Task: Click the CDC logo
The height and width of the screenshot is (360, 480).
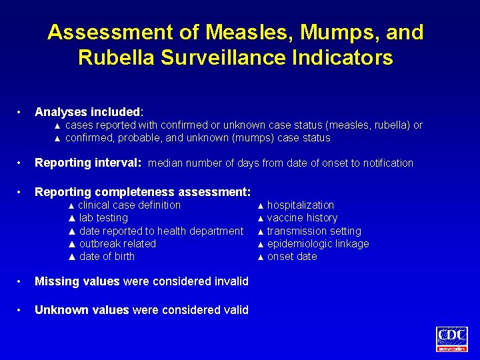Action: click(452, 338)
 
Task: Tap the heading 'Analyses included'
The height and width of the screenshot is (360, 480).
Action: click(88, 112)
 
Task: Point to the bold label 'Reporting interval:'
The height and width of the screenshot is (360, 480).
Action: click(88, 163)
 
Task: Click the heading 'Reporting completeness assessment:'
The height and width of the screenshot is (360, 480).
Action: click(143, 192)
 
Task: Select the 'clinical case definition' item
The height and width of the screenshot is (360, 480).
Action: click(129, 205)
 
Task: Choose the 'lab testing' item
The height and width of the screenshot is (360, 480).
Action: click(103, 217)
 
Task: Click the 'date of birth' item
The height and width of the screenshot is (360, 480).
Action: click(107, 256)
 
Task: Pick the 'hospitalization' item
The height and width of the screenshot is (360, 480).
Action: click(301, 205)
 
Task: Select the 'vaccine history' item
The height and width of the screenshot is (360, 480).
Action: click(302, 217)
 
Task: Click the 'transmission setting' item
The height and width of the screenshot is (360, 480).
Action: click(314, 231)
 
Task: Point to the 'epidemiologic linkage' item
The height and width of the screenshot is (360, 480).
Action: click(318, 243)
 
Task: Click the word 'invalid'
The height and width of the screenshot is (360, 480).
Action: click(231, 281)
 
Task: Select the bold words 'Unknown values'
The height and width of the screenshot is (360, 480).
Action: click(82, 309)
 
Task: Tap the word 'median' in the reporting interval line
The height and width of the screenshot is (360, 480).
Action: click(165, 163)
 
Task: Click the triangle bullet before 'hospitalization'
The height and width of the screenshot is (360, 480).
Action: click(261, 205)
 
